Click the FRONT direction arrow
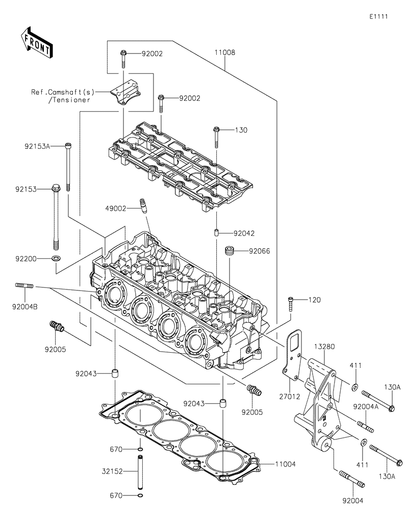[x=36, y=42]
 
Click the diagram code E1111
[x=379, y=16]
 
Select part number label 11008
[x=224, y=52]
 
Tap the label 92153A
[x=37, y=146]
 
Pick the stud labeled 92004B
[x=25, y=287]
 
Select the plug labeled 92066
[x=229, y=251]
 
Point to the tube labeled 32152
[x=140, y=471]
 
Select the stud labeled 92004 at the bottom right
[x=349, y=480]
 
